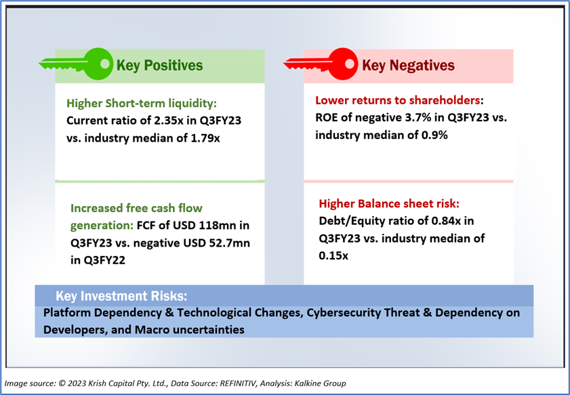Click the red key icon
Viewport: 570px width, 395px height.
point(321,64)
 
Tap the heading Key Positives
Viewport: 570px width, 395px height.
point(159,66)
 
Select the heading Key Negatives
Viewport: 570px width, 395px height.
point(408,66)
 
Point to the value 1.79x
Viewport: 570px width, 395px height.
point(205,138)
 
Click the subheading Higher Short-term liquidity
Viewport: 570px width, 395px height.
point(142,104)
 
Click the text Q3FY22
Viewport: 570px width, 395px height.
point(103,260)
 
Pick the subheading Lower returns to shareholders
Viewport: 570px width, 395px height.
point(398,100)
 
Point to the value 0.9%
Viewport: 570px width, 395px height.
point(434,136)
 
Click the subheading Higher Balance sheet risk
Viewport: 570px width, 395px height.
point(389,203)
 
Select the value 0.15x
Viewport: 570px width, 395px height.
point(333,255)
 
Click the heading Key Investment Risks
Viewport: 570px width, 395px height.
point(121,296)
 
